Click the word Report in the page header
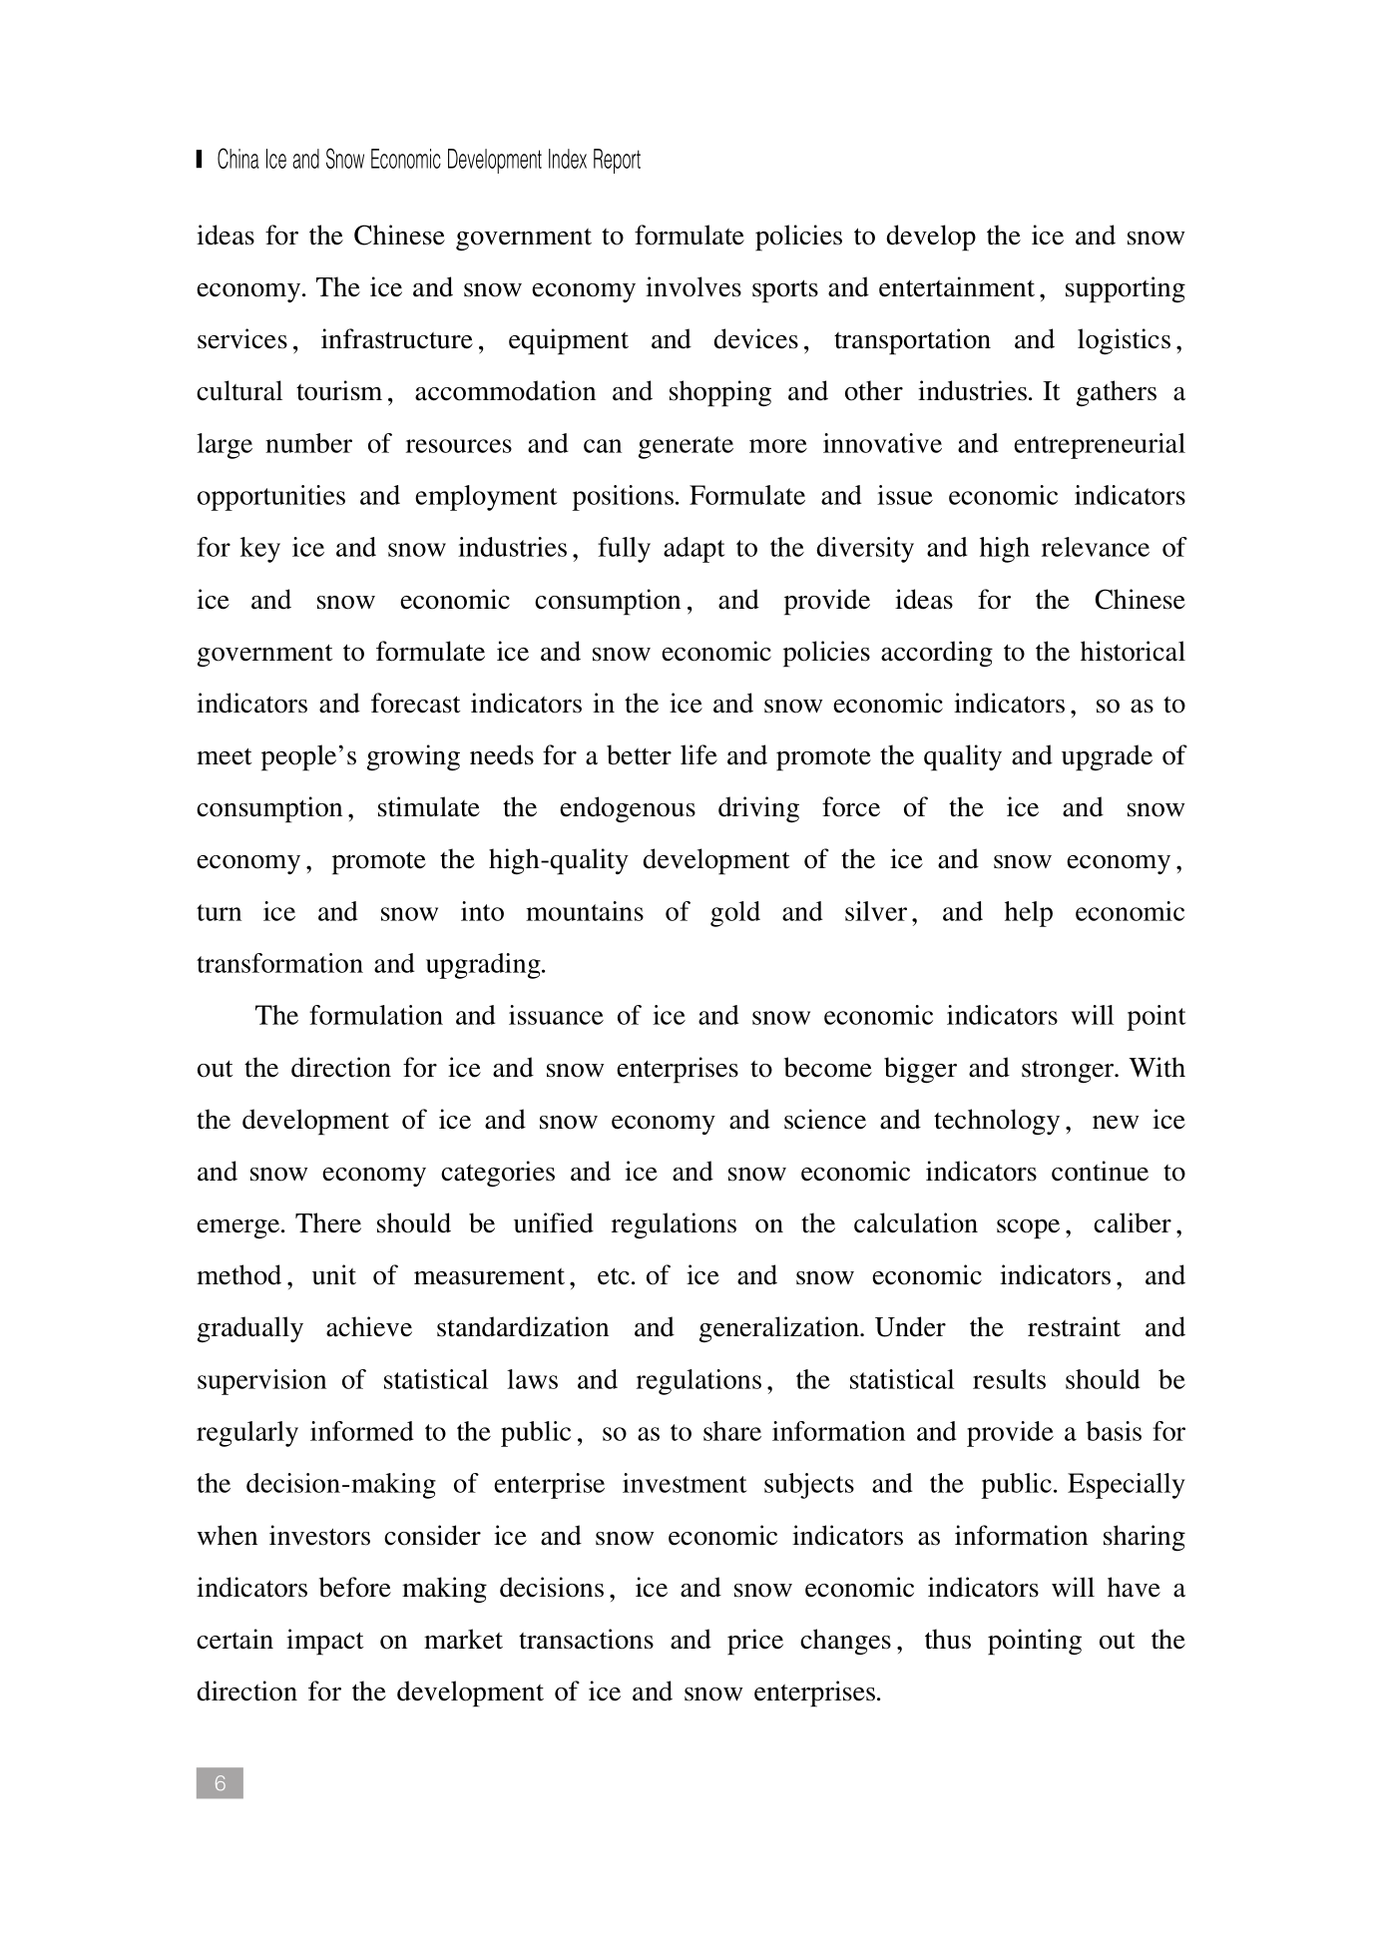(x=616, y=161)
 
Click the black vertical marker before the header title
(x=200, y=160)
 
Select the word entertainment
(x=956, y=288)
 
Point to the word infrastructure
(x=396, y=340)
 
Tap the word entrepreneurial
(x=1099, y=444)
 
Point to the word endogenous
(x=627, y=808)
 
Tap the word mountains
(x=584, y=912)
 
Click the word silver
(x=874, y=912)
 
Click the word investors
(x=324, y=1537)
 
